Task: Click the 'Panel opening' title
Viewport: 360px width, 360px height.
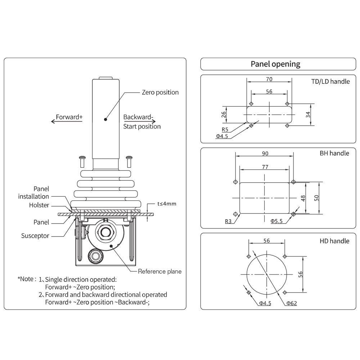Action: click(x=275, y=64)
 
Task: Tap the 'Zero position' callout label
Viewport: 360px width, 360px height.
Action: click(x=160, y=92)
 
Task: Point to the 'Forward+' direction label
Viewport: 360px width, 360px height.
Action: click(x=69, y=117)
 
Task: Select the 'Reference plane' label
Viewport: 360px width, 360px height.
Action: click(x=160, y=271)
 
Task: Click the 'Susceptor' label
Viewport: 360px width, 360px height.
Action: click(x=35, y=236)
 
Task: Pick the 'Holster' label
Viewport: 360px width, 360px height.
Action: click(x=39, y=205)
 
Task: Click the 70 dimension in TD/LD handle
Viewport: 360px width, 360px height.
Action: click(x=269, y=79)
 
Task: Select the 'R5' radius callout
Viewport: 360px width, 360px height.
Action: click(x=225, y=129)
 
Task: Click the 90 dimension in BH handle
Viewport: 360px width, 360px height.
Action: click(x=265, y=153)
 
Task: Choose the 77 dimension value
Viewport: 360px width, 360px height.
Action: click(x=265, y=167)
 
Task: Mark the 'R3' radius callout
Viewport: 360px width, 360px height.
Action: click(x=228, y=221)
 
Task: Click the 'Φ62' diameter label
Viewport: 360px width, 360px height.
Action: click(x=292, y=303)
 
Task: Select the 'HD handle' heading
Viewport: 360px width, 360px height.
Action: click(x=334, y=241)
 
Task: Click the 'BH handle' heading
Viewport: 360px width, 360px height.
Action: click(x=334, y=153)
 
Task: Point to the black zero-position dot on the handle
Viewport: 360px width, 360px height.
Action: click(x=105, y=119)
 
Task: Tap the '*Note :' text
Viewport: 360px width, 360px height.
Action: click(x=27, y=279)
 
